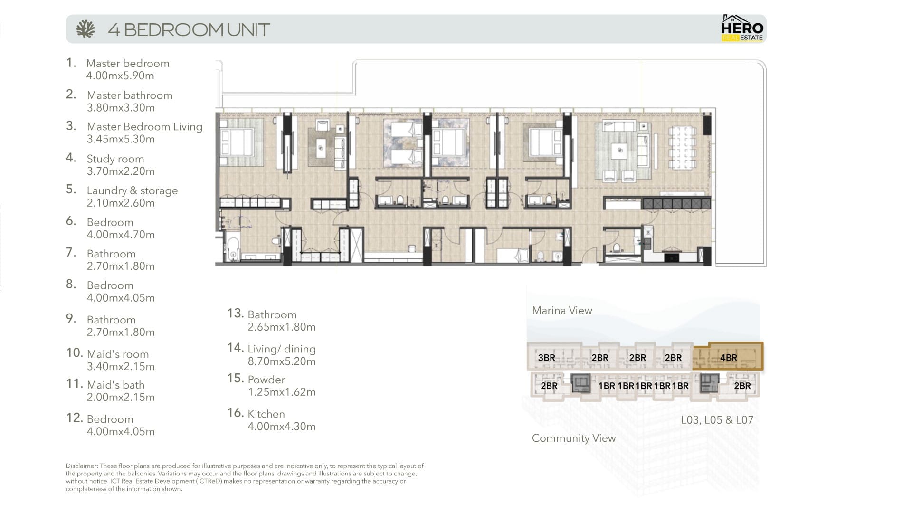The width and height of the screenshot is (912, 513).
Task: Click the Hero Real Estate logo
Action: tap(742, 28)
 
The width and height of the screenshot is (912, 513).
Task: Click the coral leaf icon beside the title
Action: tap(85, 29)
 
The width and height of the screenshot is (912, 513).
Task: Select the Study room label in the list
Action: tap(115, 159)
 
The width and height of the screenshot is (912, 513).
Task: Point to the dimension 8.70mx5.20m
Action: tap(282, 361)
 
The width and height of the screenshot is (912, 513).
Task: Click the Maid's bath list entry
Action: tap(115, 385)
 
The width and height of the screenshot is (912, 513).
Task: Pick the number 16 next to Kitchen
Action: tap(236, 412)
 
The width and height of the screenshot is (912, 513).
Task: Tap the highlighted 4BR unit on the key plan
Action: tap(728, 356)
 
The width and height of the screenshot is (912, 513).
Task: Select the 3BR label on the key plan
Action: tap(546, 358)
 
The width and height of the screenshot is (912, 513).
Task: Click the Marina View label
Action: tap(562, 310)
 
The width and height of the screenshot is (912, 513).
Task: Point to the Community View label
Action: tap(574, 438)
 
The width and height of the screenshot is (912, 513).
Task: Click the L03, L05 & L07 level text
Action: tap(717, 420)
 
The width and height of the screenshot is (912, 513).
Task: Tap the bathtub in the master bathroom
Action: tap(232, 247)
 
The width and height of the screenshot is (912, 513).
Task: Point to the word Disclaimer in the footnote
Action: tap(82, 466)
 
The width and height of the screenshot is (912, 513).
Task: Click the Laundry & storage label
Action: tap(132, 190)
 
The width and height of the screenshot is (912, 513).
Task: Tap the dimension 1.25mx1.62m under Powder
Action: tap(282, 392)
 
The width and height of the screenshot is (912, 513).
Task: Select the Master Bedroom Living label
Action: tap(144, 127)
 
